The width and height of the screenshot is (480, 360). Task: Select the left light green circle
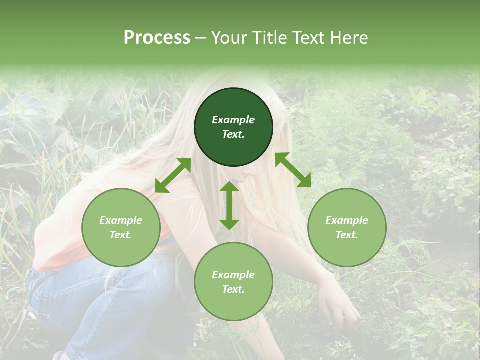[x=121, y=227]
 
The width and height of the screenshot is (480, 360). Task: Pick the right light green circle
[x=347, y=227]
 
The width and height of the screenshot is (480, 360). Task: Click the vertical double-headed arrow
[x=229, y=205]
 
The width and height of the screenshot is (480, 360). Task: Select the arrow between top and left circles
[x=173, y=175]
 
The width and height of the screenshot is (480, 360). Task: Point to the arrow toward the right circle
[x=293, y=170]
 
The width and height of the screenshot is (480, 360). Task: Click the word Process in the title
[x=157, y=37]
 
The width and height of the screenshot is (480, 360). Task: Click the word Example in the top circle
[x=233, y=120]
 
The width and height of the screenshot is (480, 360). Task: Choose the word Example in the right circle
[x=347, y=220]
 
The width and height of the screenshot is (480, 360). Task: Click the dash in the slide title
[x=200, y=37]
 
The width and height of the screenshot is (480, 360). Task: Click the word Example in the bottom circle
[x=233, y=275]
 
